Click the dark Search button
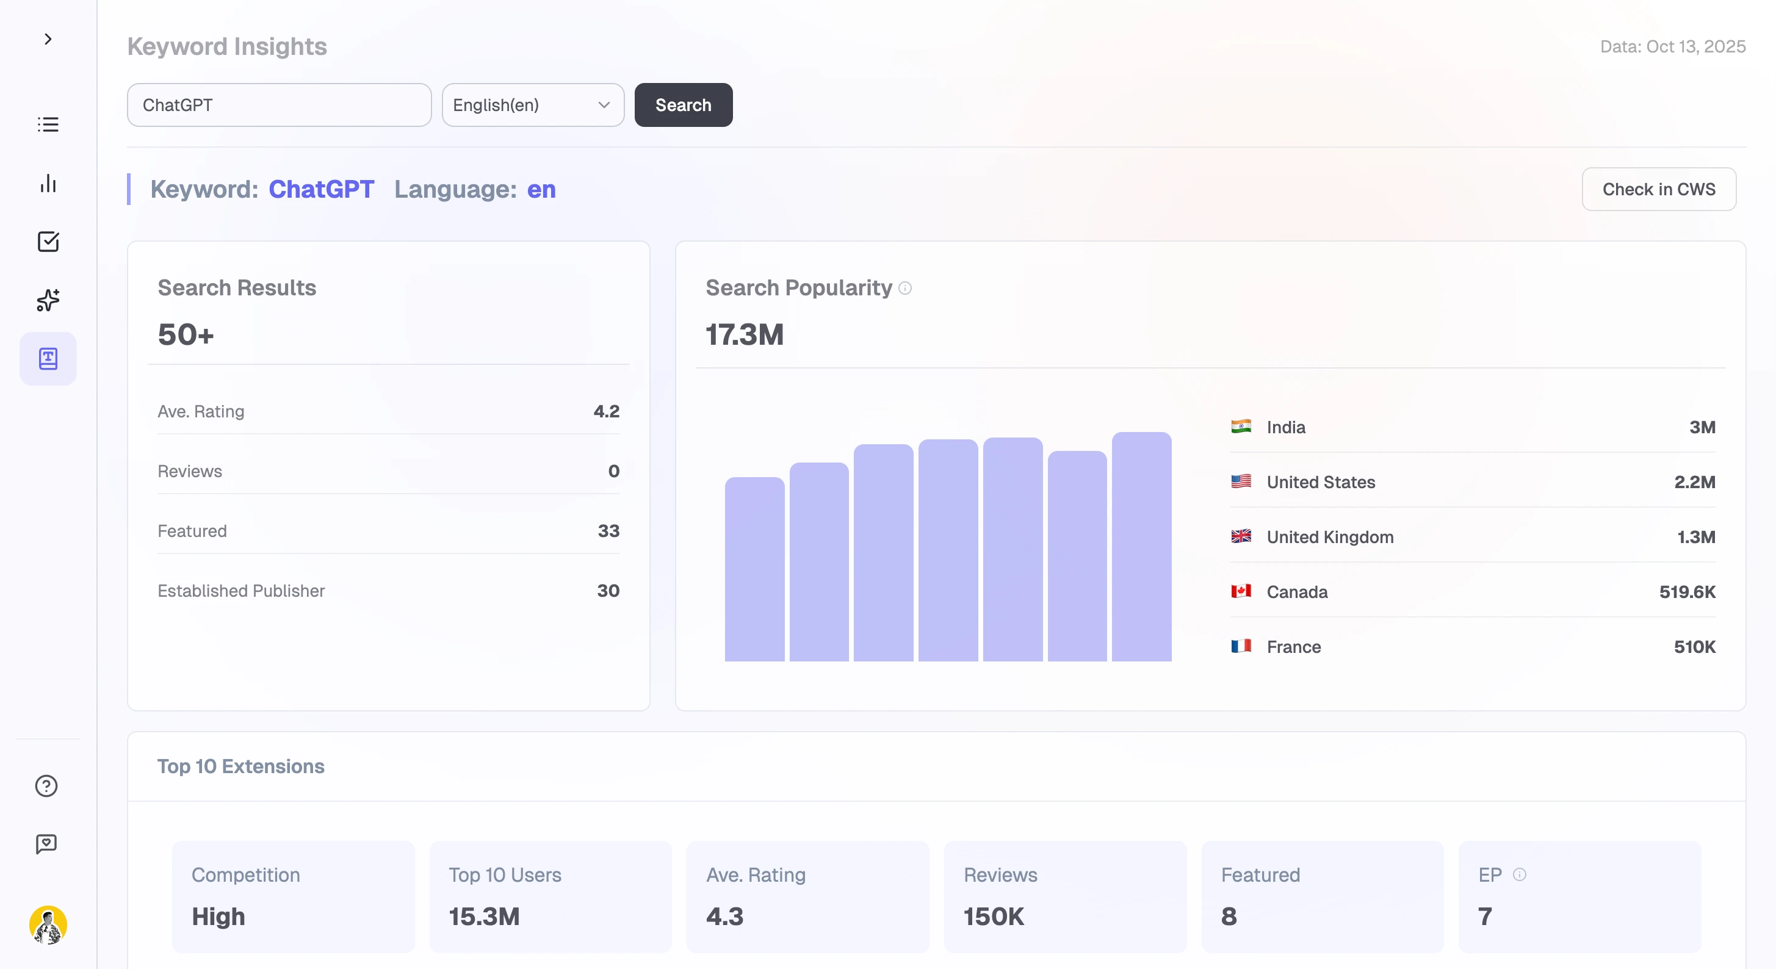tap(682, 105)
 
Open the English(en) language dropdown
tap(532, 105)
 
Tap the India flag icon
tap(1241, 427)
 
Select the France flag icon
tap(1241, 646)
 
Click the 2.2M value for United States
tap(1694, 481)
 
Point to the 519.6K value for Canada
tap(1686, 592)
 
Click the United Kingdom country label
tap(1329, 537)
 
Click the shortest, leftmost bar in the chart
tap(754, 569)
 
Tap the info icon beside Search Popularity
tap(905, 288)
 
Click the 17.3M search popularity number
tap(744, 335)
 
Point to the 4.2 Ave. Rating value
tap(606, 411)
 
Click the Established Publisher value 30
tap(607, 591)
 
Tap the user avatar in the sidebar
tap(48, 925)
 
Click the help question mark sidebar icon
tap(46, 786)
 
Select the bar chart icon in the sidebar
tap(48, 183)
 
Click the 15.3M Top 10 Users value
tap(484, 916)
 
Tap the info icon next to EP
tap(1520, 874)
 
